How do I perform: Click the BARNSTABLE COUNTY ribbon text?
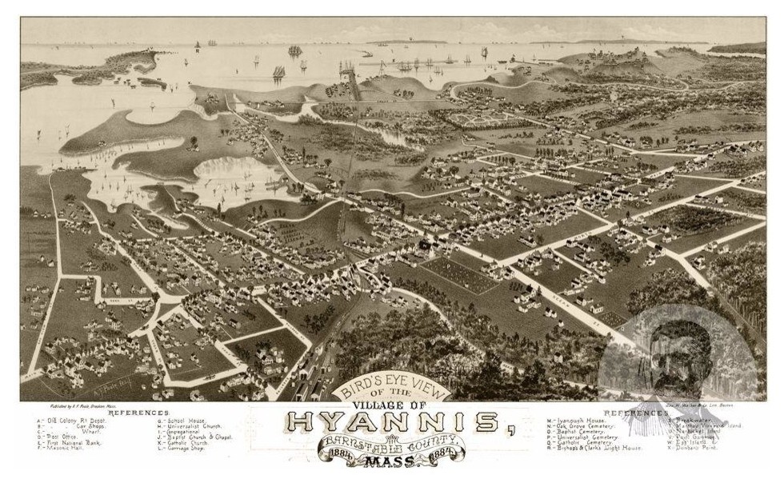[392, 444]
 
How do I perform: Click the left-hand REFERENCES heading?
[138, 413]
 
